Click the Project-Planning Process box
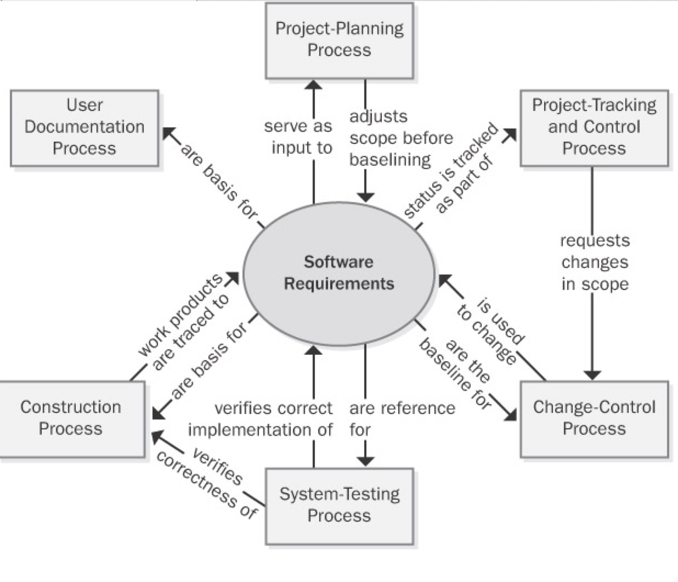[x=339, y=40]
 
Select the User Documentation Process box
[x=84, y=127]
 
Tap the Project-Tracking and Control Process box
[x=594, y=127]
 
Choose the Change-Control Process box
[x=594, y=418]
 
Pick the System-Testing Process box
[x=339, y=505]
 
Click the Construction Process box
[x=71, y=418]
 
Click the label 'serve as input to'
[x=298, y=137]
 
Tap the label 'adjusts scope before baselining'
[x=400, y=138]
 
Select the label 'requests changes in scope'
[x=595, y=262]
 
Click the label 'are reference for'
[x=402, y=418]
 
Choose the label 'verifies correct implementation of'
[x=261, y=418]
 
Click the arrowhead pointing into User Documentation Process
[x=168, y=133]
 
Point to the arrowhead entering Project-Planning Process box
[x=314, y=85]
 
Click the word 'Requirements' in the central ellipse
[x=339, y=284]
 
